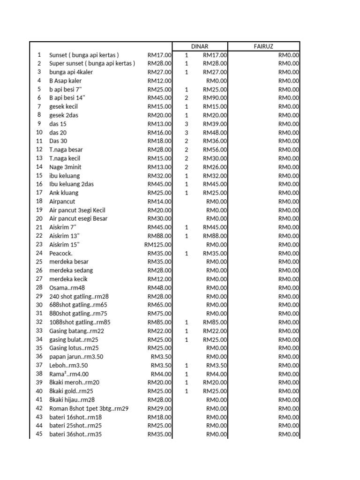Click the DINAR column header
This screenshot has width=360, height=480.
(200, 46)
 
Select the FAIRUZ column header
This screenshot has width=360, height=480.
(263, 46)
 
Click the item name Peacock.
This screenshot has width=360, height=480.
(61, 253)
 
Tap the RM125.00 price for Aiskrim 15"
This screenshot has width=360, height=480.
(158, 245)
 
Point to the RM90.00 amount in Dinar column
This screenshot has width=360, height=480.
(215, 98)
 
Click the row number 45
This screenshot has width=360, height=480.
(39, 434)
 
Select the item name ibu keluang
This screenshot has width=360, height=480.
(65, 176)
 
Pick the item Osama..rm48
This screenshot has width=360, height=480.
(67, 288)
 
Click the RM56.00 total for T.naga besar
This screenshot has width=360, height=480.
(215, 150)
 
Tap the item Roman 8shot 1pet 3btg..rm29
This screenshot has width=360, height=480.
(89, 409)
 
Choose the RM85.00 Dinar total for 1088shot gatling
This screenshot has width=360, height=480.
(215, 322)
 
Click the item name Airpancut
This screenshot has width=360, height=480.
(62, 202)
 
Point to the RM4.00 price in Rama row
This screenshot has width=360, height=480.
(161, 374)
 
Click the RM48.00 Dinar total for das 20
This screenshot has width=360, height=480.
(215, 133)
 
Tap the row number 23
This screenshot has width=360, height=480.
(39, 245)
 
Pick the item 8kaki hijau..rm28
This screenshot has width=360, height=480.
(72, 400)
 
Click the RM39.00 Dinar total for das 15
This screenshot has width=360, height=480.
(215, 124)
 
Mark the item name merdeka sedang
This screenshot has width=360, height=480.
(71, 270)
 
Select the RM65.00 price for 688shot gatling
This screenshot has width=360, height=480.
(160, 305)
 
